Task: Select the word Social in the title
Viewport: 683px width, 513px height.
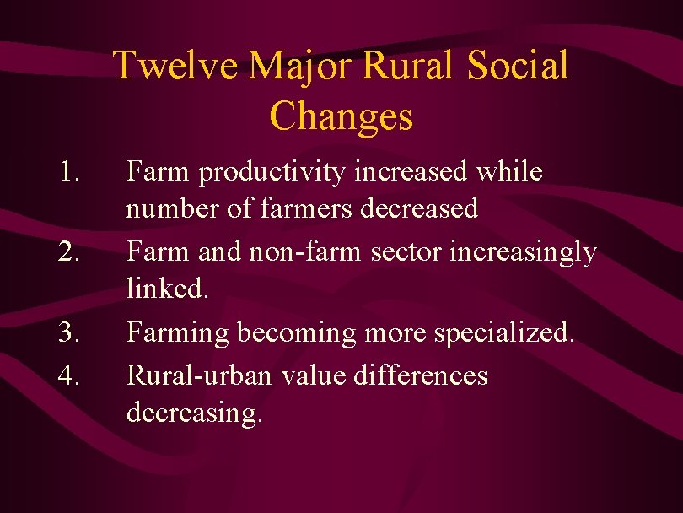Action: (518, 66)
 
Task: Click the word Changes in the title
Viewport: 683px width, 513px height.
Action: (341, 116)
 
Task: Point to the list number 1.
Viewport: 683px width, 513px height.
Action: (70, 172)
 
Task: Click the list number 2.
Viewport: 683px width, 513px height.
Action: (70, 252)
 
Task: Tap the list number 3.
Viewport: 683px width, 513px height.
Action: (70, 333)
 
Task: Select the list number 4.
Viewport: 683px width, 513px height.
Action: (70, 374)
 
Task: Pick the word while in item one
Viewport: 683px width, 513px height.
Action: (508, 171)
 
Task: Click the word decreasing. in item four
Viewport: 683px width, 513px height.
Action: (195, 414)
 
